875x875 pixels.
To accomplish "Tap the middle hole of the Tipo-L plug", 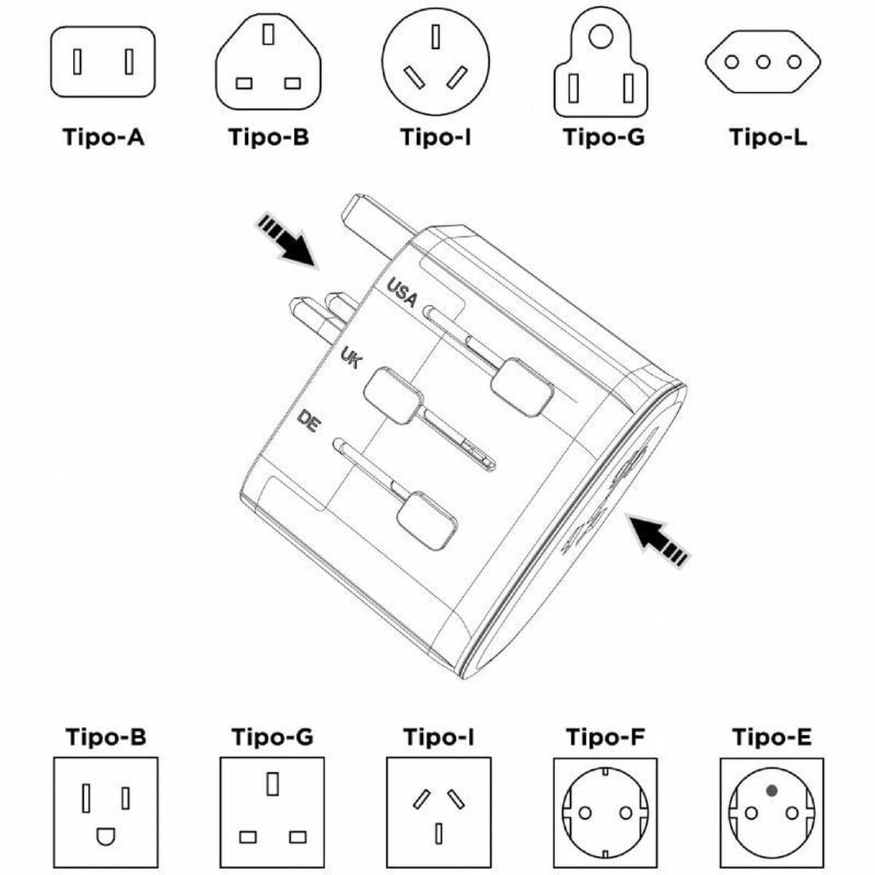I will pyautogui.click(x=763, y=62).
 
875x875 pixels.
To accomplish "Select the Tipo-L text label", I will pyautogui.click(x=768, y=137).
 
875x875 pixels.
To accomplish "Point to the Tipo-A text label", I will pyautogui.click(x=103, y=137).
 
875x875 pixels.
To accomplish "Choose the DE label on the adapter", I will pyautogui.click(x=309, y=422).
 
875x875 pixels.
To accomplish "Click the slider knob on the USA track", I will pyautogui.click(x=522, y=387).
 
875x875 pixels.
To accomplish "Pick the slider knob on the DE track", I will pyautogui.click(x=427, y=521).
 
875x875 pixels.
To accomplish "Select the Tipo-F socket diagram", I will pyautogui.click(x=604, y=810).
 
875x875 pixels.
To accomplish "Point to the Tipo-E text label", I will pyautogui.click(x=771, y=737).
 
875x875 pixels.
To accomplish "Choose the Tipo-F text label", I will pyautogui.click(x=604, y=737).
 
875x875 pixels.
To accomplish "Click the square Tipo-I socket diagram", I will pyautogui.click(x=438, y=809).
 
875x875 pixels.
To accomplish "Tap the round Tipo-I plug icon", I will pyautogui.click(x=435, y=62).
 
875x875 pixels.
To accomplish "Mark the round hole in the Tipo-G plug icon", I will pyautogui.click(x=601, y=36).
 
